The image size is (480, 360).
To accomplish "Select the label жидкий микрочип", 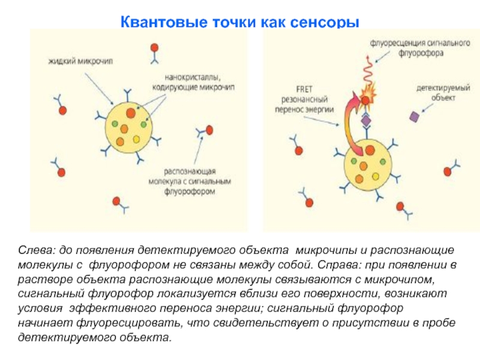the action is (81, 61).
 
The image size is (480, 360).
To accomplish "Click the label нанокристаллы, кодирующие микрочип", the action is (193, 83).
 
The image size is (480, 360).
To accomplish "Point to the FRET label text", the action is (304, 89).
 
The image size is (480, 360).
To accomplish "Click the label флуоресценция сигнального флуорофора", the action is (420, 48).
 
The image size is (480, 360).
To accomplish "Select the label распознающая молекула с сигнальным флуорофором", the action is (190, 181).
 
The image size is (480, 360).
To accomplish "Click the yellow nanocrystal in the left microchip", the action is (136, 139).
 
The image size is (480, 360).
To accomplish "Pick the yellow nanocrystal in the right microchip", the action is (376, 176).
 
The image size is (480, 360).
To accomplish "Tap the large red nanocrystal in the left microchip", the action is (130, 113).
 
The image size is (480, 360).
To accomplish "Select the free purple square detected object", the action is (414, 116).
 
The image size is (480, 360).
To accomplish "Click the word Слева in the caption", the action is (36, 250).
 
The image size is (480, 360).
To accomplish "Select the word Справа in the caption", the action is (337, 265).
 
